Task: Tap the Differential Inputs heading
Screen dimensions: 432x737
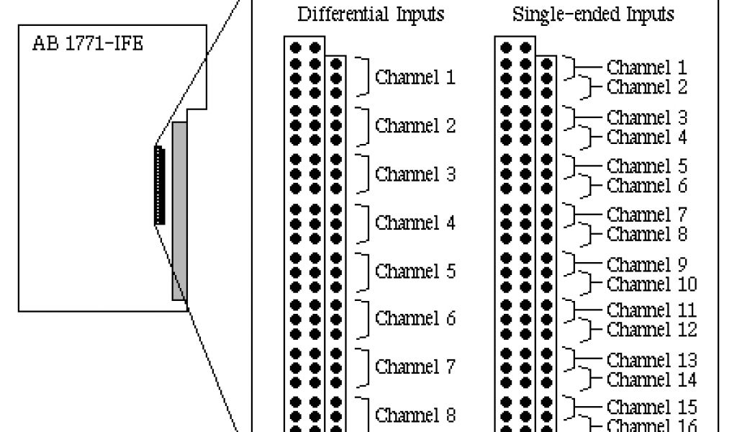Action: (371, 14)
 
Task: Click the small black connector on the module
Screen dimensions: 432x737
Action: (159, 184)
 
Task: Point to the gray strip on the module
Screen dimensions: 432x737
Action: (179, 210)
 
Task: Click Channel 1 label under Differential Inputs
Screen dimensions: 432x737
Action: (415, 77)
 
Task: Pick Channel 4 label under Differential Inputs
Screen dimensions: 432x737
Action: (415, 223)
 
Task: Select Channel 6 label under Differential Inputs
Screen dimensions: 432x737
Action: (415, 318)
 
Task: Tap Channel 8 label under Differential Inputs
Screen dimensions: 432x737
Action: (415, 415)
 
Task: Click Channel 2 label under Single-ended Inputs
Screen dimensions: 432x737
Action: (646, 87)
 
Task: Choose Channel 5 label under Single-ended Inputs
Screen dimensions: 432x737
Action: (646, 166)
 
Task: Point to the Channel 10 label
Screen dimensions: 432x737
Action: (651, 284)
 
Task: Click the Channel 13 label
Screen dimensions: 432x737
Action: (651, 359)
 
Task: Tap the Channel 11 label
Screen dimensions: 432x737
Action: (651, 310)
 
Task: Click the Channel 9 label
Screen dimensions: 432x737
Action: (646, 264)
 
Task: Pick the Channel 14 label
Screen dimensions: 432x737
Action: (651, 379)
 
